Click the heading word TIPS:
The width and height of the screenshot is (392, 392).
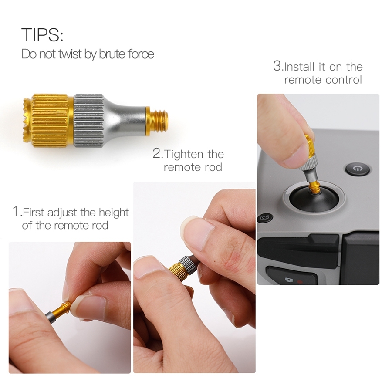pos(42,34)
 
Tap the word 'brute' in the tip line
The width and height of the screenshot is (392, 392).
pos(112,54)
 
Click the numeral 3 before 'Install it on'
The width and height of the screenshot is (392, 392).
pos(277,66)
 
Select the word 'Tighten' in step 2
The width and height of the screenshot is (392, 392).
pos(184,154)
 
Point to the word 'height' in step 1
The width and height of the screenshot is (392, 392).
pos(114,213)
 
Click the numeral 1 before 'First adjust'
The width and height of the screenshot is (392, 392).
pos(16,212)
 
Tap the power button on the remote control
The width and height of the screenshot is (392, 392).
pos(358,169)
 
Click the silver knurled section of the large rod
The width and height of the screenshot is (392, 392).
pos(89,121)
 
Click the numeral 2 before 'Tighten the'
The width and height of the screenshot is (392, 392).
pos(156,153)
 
